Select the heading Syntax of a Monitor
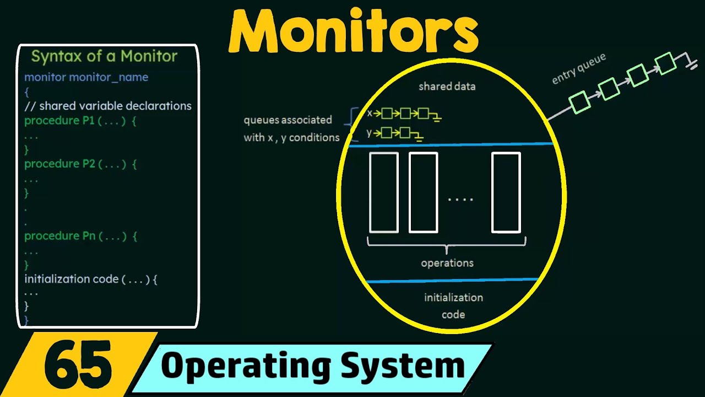[x=104, y=56]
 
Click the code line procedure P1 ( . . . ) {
[x=80, y=121]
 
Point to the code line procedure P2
[x=80, y=164]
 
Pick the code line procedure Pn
[x=80, y=236]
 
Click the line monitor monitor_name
[x=86, y=77]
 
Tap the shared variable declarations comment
[x=108, y=106]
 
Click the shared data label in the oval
[x=447, y=87]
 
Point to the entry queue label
[x=578, y=69]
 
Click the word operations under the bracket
[x=447, y=263]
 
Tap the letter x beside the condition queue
[x=370, y=113]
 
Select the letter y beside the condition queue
[x=369, y=132]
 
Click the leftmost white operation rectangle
[x=383, y=192]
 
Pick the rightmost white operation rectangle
[x=506, y=192]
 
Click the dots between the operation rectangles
[x=460, y=199]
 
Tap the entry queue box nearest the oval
[x=579, y=101]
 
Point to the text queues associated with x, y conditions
[x=291, y=128]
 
